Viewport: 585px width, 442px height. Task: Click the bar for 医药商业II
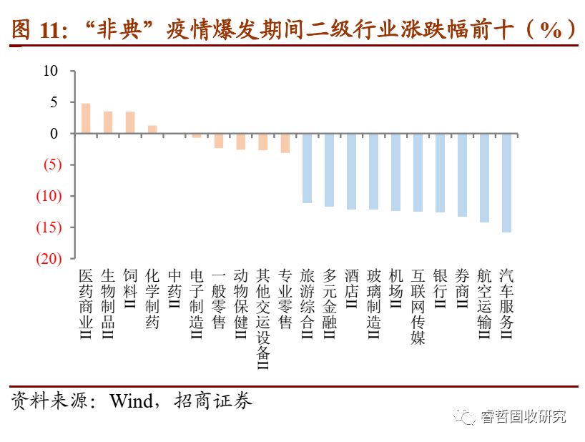[86, 119]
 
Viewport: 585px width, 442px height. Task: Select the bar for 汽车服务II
[506, 182]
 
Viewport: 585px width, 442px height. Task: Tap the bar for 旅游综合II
[307, 168]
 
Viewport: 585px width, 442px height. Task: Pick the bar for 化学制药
[152, 129]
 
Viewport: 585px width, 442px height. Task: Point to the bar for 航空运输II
[484, 177]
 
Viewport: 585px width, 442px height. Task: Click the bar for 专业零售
[285, 143]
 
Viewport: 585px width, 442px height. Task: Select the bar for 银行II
[440, 172]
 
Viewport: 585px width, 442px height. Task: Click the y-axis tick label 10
[49, 71]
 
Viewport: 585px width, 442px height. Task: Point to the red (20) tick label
[48, 258]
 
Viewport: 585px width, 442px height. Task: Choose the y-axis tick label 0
[54, 134]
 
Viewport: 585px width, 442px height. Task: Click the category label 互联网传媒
[418, 307]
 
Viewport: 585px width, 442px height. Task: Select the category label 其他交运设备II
[262, 319]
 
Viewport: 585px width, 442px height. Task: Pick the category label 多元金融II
[329, 303]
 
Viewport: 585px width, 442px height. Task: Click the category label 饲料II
[130, 289]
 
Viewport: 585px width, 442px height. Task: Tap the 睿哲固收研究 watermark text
[523, 416]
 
